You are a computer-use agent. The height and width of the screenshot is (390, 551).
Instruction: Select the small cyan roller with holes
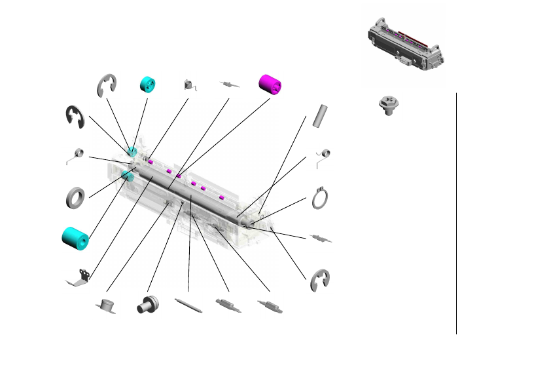[148, 85]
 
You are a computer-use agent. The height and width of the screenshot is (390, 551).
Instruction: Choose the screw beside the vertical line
[389, 106]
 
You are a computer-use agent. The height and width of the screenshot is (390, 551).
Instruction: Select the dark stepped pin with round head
[147, 305]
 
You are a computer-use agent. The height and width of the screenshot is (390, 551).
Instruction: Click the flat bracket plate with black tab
[79, 278]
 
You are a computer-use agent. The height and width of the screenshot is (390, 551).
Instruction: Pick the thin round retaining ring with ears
[320, 198]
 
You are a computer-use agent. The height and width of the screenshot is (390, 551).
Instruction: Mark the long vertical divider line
[456, 213]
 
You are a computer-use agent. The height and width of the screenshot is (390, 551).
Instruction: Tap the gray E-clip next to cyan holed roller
[107, 85]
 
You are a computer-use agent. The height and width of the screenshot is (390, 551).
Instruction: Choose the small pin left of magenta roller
[229, 85]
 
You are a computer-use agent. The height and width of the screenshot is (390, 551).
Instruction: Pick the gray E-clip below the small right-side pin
[320, 279]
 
